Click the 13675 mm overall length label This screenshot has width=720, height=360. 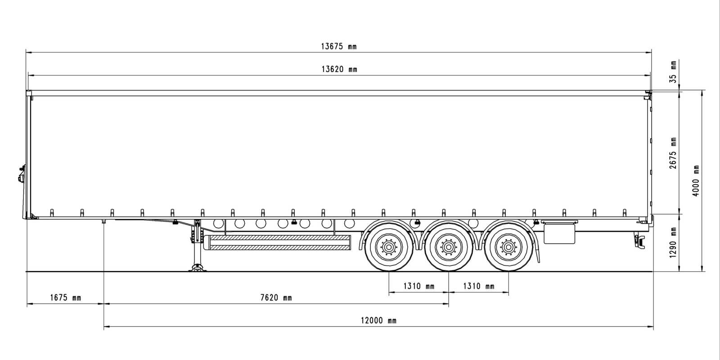coord(339,46)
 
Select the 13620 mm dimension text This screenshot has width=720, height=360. coord(339,69)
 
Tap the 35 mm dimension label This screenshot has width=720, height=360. coord(673,72)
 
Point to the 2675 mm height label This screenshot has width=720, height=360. coord(673,153)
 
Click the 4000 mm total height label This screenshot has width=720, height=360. coord(696,181)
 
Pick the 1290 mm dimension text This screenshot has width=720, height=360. coord(673,243)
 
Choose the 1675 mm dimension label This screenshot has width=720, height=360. coord(66,297)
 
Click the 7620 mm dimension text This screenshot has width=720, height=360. coord(276,297)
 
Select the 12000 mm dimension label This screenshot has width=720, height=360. coord(378,320)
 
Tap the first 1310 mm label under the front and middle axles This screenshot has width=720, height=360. coord(419,286)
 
